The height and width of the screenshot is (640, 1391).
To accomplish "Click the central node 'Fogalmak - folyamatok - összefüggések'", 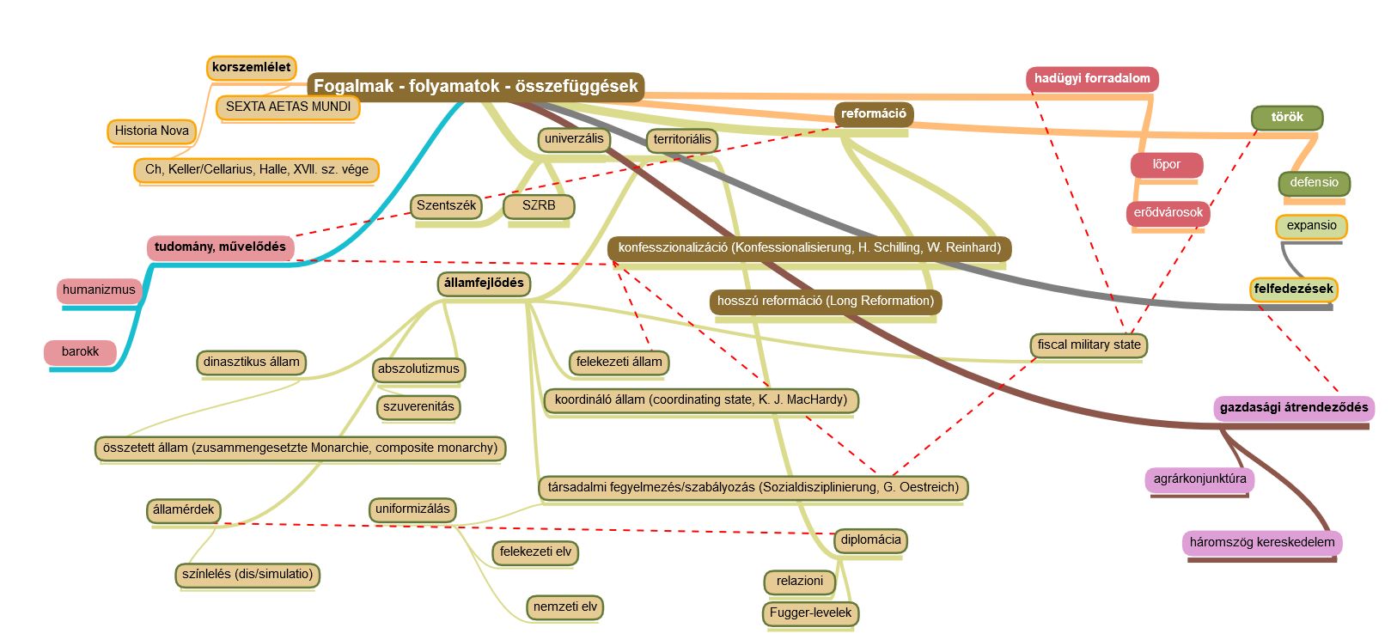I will pyautogui.click(x=475, y=86).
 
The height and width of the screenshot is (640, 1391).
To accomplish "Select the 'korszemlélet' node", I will pyautogui.click(x=251, y=67).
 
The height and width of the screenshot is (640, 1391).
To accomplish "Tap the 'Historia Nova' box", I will pyautogui.click(x=152, y=131).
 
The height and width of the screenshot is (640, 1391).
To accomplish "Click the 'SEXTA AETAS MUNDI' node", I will pyautogui.click(x=288, y=107).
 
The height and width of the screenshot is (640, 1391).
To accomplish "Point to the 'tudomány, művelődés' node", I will pyautogui.click(x=220, y=247).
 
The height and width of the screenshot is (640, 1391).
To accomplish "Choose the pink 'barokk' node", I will pyautogui.click(x=80, y=351).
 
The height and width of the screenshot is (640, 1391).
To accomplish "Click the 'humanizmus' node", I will pyautogui.click(x=99, y=290).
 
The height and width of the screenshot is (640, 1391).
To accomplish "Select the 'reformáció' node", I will pyautogui.click(x=873, y=113).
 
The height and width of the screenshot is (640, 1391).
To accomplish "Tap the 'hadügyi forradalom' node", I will pyautogui.click(x=1091, y=78).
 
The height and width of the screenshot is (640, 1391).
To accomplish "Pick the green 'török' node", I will pyautogui.click(x=1286, y=117).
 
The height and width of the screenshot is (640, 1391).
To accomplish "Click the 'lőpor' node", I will pyautogui.click(x=1166, y=164).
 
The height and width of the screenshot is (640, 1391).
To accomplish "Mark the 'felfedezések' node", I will pyautogui.click(x=1293, y=289).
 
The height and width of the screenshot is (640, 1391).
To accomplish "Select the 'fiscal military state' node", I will pyautogui.click(x=1089, y=344).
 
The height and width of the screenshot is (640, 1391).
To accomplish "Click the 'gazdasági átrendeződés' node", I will pyautogui.click(x=1294, y=407).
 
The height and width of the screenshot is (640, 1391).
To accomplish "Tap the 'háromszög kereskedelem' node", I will pyautogui.click(x=1261, y=542).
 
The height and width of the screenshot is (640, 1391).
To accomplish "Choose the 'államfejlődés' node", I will pyautogui.click(x=484, y=283).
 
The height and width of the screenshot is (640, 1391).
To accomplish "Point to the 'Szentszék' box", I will pyautogui.click(x=446, y=205).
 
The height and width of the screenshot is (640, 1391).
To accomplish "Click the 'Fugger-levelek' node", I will pyautogui.click(x=810, y=613).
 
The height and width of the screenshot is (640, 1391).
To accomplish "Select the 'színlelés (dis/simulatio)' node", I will pyautogui.click(x=247, y=574).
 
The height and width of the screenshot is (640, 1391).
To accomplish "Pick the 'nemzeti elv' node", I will pyautogui.click(x=564, y=606).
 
